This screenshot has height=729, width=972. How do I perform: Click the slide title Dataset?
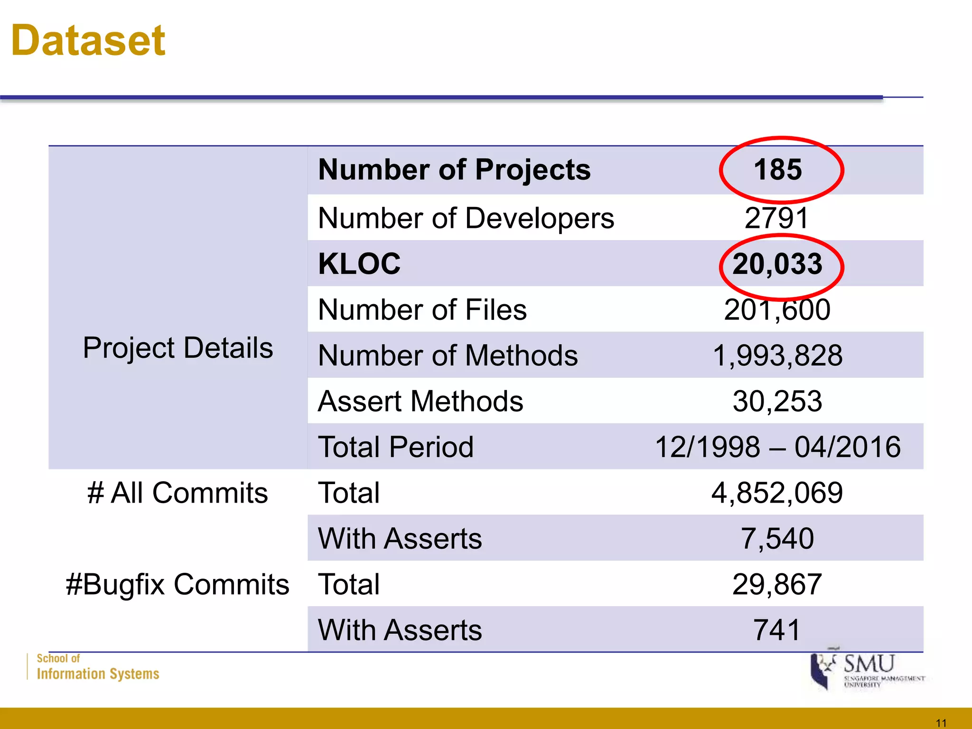point(88,41)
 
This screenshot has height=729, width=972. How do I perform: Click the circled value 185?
point(778,169)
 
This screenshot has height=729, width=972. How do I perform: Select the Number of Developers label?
point(466,218)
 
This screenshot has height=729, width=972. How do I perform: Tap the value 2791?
point(777,218)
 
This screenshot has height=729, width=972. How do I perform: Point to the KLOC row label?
point(359,264)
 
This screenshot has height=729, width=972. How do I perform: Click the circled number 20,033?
point(777,264)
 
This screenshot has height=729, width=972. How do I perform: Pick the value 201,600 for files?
point(777,310)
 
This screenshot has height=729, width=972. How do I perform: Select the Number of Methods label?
point(448,355)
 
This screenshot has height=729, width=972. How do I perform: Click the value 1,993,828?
point(777,355)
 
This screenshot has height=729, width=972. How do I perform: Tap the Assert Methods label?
point(421,402)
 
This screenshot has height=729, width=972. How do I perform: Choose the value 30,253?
point(777,402)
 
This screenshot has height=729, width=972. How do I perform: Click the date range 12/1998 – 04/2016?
point(777,447)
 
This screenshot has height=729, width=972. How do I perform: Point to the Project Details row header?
point(178,348)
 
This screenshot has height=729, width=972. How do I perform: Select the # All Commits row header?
point(178,493)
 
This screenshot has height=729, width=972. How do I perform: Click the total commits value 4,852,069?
point(777,493)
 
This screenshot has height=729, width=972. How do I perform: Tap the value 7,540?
point(777,539)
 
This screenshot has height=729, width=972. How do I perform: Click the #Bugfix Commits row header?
point(178,584)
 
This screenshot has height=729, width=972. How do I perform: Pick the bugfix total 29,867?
point(777,584)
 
